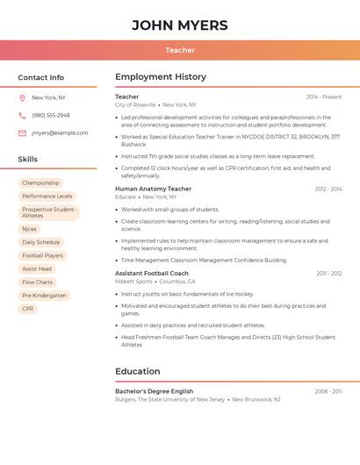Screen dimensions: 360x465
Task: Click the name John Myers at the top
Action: coord(180,25)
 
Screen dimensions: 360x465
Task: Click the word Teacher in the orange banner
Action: coord(180,51)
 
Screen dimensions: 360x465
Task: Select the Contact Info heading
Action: coord(40,77)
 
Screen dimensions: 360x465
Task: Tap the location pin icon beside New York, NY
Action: coord(22,98)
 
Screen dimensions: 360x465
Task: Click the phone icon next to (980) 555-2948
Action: coord(22,116)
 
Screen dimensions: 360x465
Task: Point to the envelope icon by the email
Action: coord(22,133)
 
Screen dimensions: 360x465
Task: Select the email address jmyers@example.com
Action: coord(60,133)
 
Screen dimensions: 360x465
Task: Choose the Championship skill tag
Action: coord(40,183)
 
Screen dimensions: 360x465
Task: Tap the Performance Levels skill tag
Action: coord(47,197)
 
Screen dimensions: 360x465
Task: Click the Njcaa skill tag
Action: coord(30,229)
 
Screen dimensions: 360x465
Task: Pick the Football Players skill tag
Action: coord(42,255)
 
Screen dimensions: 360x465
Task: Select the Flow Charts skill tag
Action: coord(38,283)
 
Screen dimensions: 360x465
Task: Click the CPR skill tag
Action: coord(28,309)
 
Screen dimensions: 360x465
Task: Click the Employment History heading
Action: coord(161,77)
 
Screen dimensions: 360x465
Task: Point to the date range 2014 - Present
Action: coord(324,97)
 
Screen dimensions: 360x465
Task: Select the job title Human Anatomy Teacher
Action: coord(153,189)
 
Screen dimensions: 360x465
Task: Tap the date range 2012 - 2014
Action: coord(328,190)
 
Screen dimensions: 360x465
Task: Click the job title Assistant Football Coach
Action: coord(152,274)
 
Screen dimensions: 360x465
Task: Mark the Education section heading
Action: coord(138,371)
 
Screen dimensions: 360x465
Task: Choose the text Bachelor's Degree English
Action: coord(154,391)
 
